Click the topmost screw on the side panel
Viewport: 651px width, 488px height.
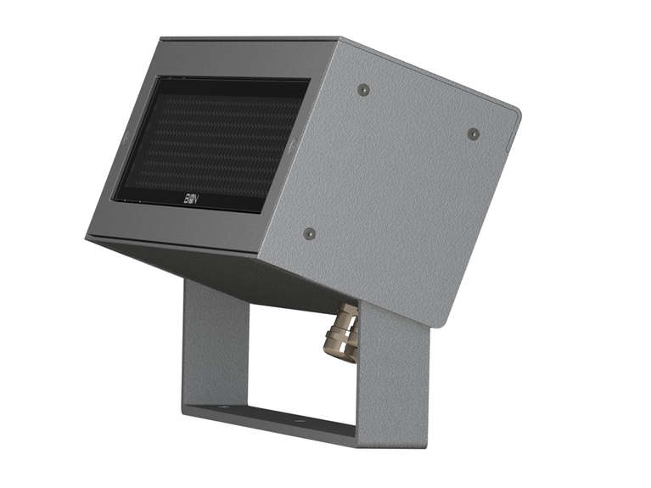pyautogui.click(x=363, y=90)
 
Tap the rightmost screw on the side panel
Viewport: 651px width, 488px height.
pyautogui.click(x=474, y=133)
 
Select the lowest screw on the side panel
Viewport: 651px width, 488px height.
pyautogui.click(x=309, y=233)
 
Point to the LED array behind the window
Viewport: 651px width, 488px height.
pyautogui.click(x=212, y=140)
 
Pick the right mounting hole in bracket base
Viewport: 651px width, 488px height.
pyautogui.click(x=299, y=418)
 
